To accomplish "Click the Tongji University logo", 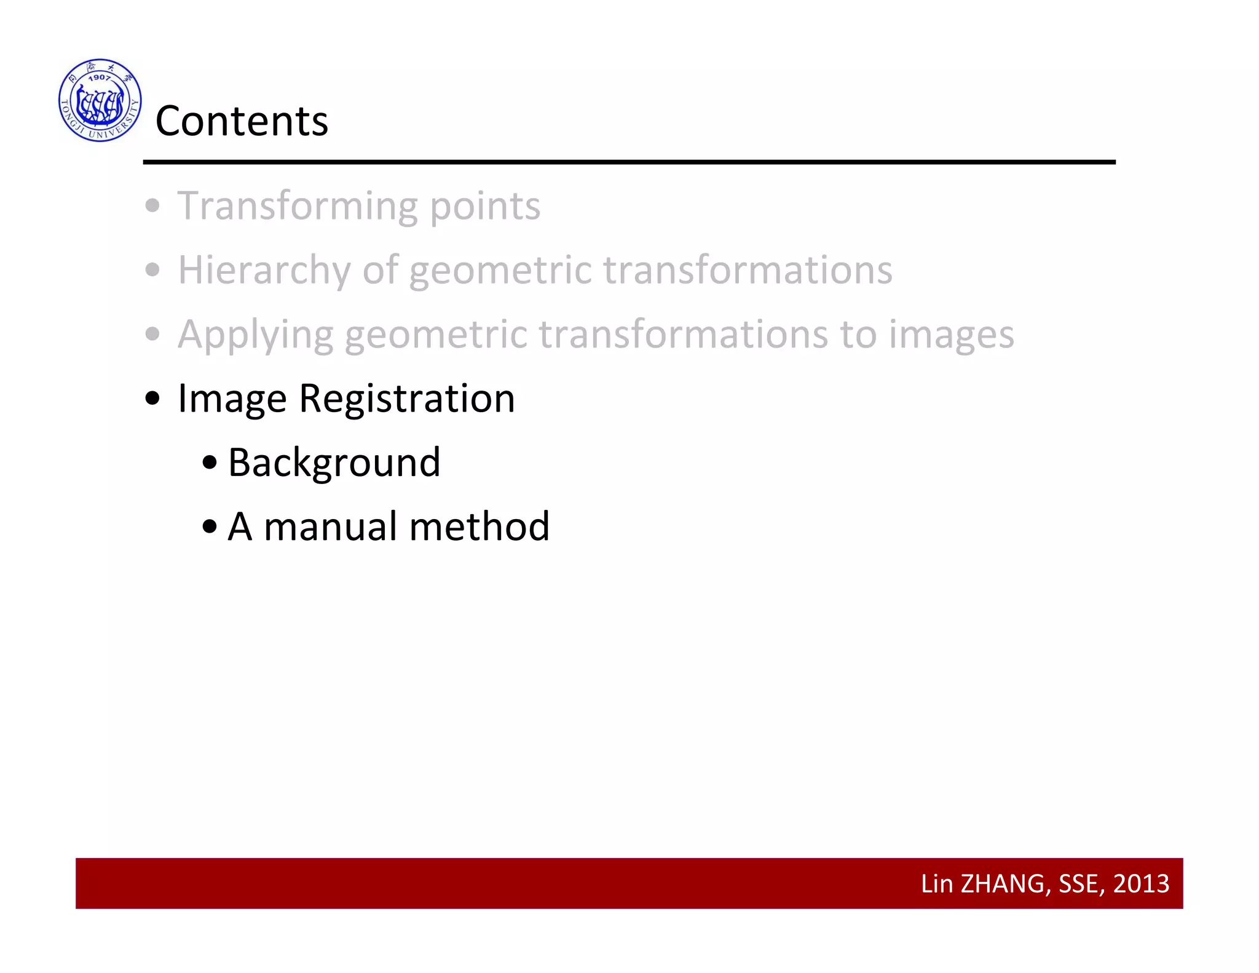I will [x=100, y=100].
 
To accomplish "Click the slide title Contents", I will [x=242, y=121].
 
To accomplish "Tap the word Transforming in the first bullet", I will [x=298, y=206].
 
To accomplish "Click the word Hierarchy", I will [x=264, y=271].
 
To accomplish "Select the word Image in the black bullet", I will [x=232, y=399].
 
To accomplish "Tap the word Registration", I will [x=406, y=399].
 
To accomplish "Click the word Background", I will [x=334, y=463].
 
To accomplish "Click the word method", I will [x=479, y=526].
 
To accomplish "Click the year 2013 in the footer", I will [x=1141, y=884].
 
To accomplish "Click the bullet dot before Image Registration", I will [x=152, y=399].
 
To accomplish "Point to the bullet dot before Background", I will [x=210, y=463].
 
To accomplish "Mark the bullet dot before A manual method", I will [x=210, y=526].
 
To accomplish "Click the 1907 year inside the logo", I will [x=100, y=77].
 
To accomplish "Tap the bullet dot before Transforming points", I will [x=152, y=206].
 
